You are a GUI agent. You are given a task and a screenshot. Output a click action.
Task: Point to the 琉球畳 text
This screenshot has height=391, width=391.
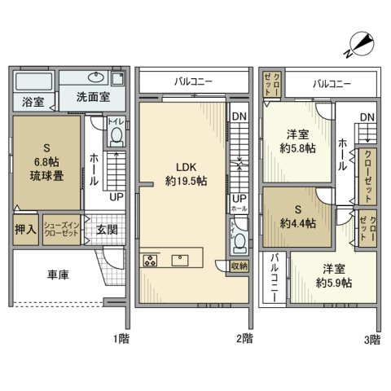tap(47, 176)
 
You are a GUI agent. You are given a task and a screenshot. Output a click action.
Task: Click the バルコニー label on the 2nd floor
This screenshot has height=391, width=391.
tap(193, 82)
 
